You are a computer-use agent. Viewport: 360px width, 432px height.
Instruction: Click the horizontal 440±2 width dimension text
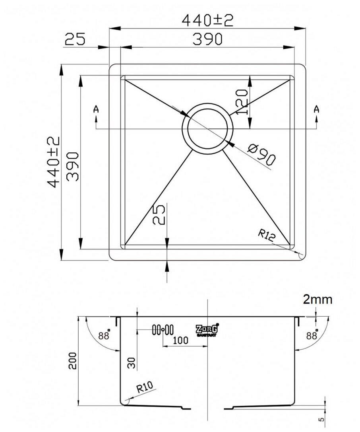(x=206, y=20)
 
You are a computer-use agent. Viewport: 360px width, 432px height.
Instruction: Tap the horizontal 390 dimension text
(x=206, y=39)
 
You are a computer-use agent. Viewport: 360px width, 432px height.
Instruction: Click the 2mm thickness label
(x=317, y=300)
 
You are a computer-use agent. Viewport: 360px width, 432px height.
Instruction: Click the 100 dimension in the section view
(x=181, y=341)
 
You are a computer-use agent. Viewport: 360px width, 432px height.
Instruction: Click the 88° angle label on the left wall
(x=105, y=335)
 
